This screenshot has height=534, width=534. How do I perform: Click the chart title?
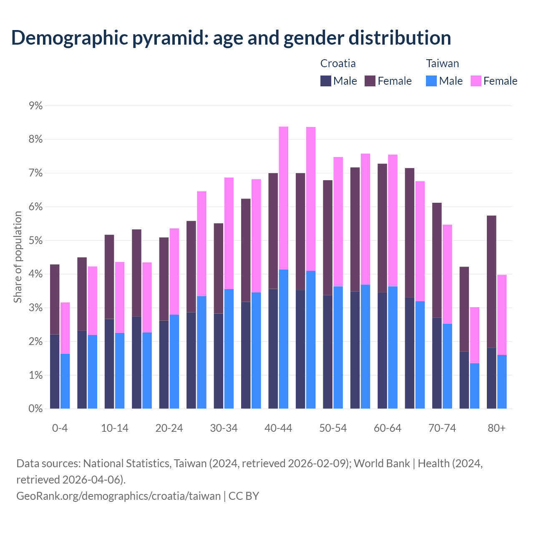coord(231,38)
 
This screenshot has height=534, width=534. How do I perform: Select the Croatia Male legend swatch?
coord(326,81)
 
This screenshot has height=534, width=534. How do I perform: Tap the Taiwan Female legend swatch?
coord(476,81)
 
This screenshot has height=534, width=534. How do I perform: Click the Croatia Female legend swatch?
coord(370,81)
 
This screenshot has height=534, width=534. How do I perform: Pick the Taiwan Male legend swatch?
coord(431,81)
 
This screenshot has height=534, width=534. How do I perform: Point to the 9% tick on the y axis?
coord(35,106)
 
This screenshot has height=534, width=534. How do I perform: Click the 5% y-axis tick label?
coord(35,241)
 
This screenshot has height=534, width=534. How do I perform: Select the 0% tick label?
coord(35,409)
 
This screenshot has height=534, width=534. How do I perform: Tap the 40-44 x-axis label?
coord(278,428)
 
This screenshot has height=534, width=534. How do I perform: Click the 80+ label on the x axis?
coord(496,428)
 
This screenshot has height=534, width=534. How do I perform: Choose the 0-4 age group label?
coord(60,428)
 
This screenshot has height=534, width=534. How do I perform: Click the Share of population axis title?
coord(18,257)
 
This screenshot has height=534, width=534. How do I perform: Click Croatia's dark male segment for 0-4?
coord(55,371)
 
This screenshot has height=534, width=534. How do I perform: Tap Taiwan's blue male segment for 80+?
coord(502,382)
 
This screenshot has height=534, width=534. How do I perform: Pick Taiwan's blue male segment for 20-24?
coord(174,361)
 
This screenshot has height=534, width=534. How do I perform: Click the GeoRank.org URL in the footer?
coord(118,496)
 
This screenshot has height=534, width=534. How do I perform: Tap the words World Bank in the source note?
coord(381,463)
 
